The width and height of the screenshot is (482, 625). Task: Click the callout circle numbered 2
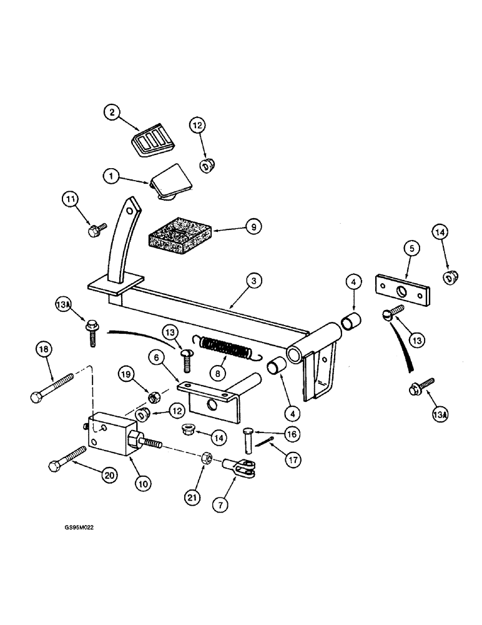[112, 113]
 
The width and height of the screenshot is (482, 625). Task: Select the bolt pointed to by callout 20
[67, 459]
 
